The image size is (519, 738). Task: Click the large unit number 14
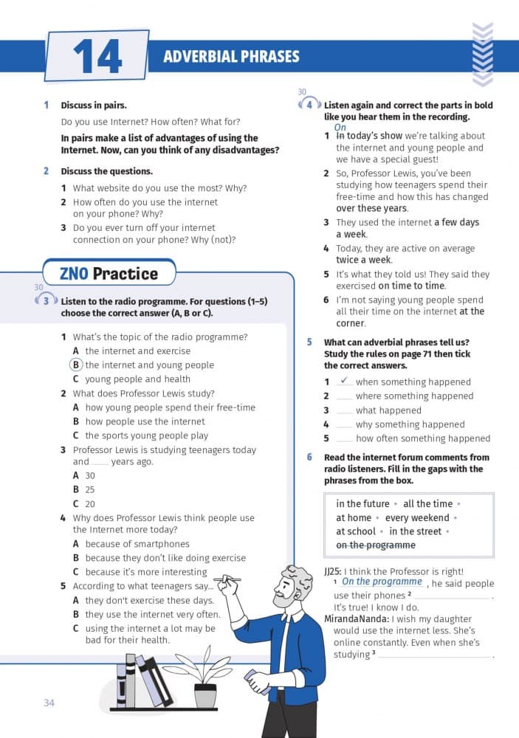(97, 56)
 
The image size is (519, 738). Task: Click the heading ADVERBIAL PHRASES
(231, 57)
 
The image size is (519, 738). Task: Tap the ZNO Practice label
(109, 274)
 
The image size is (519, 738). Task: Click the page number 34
(49, 703)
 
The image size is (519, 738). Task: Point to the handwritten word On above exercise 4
(340, 128)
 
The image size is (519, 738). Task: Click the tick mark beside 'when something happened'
(344, 380)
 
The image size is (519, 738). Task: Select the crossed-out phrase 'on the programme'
(376, 545)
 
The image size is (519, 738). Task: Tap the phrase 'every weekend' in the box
(417, 517)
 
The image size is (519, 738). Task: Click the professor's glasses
(289, 583)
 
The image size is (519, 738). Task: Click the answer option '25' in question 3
(90, 489)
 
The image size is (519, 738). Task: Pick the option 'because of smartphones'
(137, 544)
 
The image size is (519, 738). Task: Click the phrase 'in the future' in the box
(362, 503)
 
